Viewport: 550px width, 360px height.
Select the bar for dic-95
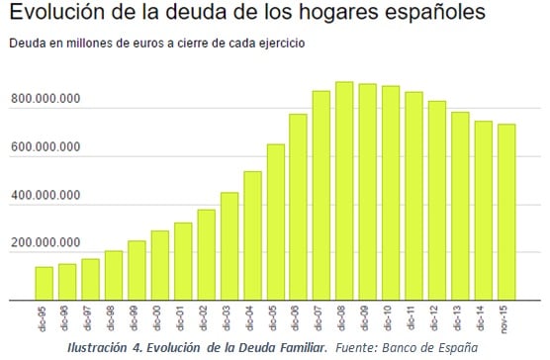tap(45, 283)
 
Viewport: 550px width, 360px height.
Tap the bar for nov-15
tap(505, 212)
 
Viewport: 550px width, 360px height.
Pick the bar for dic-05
tap(275, 222)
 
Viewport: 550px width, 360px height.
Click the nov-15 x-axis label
tap(506, 317)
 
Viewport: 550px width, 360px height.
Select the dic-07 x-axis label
tap(321, 317)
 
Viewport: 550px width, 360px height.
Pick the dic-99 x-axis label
tap(137, 317)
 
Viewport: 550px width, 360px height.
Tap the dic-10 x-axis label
tap(391, 317)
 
